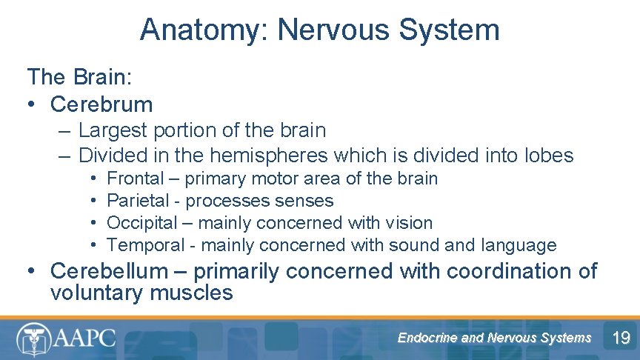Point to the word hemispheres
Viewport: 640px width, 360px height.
point(269,156)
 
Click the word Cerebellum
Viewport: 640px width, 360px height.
point(110,271)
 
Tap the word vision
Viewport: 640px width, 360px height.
point(411,223)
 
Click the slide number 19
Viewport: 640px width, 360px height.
point(621,339)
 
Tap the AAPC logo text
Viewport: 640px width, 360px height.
point(84,339)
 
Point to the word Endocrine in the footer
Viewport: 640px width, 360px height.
point(427,338)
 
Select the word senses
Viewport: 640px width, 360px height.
point(304,201)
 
